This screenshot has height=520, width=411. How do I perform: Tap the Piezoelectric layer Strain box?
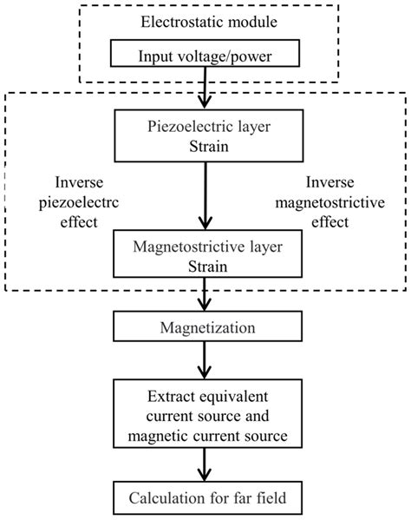(205, 134)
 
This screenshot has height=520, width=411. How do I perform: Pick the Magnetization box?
(205, 331)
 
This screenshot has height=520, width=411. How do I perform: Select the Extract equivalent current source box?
(205, 415)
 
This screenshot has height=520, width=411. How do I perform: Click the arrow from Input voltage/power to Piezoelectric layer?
(205, 88)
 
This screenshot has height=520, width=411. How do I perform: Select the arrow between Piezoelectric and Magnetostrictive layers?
(205, 196)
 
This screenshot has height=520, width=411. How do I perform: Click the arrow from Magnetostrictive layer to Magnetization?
(205, 299)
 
